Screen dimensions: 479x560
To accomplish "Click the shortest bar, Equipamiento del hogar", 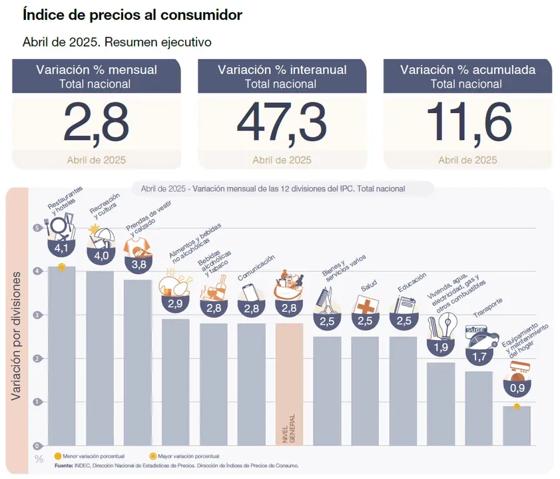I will tap(517, 425).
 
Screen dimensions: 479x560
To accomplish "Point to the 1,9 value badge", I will tap(441, 347).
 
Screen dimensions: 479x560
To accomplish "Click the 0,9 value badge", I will tap(517, 387).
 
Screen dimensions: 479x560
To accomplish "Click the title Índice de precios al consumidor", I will tap(133, 15).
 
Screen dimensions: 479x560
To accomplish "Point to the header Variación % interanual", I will tap(282, 70).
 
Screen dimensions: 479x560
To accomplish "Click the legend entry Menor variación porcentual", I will tap(86, 456).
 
